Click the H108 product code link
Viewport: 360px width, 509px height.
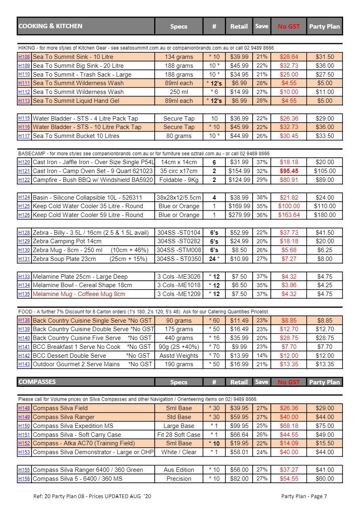pyautogui.click(x=24, y=57)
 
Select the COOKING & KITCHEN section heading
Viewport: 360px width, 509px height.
pyautogui.click(x=50, y=26)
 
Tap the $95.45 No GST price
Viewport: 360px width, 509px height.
pyautogui.click(x=289, y=171)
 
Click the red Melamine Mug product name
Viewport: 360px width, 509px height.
pyautogui.click(x=79, y=294)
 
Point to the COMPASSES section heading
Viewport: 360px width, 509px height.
pyautogui.click(x=37, y=382)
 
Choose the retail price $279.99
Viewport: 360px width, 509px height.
pyautogui.click(x=239, y=215)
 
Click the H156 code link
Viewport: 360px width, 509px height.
pyautogui.click(x=24, y=479)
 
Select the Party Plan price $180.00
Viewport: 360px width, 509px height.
pyautogui.click(x=324, y=215)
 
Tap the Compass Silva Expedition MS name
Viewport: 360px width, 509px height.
pyautogui.click(x=73, y=426)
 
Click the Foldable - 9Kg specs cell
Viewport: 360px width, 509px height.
pyautogui.click(x=179, y=180)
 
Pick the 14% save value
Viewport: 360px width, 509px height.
pyautogui.click(x=262, y=356)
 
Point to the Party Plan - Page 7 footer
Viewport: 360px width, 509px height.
pyautogui.click(x=304, y=496)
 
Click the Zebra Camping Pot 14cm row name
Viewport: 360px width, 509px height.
pyautogui.click(x=67, y=241)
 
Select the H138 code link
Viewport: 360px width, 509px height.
pyautogui.click(x=24, y=320)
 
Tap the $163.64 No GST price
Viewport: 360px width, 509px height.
pyautogui.click(x=289, y=215)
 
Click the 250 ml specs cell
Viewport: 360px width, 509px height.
pyautogui.click(x=179, y=92)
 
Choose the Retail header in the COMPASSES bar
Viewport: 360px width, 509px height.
pyautogui.click(x=239, y=382)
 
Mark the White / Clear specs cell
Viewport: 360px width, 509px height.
pyautogui.click(x=179, y=452)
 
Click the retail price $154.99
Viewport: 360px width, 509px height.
pyautogui.click(x=239, y=171)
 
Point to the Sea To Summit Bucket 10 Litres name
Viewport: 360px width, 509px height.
pyautogui.click(x=76, y=136)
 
